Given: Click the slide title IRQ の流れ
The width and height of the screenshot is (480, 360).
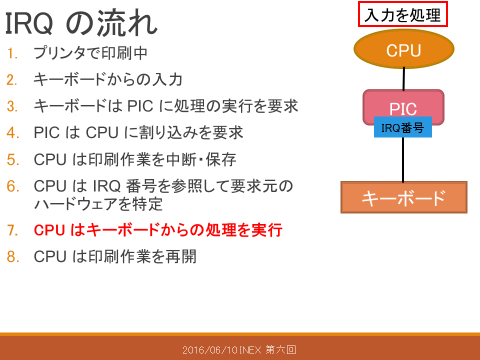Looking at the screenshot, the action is coord(81,23).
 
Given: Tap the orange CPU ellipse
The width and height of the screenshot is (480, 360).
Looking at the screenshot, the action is coord(404,49).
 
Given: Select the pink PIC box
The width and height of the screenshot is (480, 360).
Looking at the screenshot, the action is coord(403,103).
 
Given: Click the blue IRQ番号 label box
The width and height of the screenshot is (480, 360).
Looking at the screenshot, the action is coord(403,127).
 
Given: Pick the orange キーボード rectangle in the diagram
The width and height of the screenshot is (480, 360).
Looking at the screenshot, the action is coord(404,197).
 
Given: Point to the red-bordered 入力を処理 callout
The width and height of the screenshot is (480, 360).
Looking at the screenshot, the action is coord(403,14).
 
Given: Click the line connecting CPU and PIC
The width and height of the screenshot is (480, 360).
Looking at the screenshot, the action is coord(404,79).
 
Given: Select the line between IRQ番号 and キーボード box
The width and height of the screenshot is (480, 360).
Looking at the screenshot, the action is coord(403,159).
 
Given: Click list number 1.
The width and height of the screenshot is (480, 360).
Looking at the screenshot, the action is coord(12,53).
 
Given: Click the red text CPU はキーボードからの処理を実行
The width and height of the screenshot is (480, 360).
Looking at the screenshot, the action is coord(158,230).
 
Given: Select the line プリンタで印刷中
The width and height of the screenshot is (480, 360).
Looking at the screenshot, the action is coord(90,53).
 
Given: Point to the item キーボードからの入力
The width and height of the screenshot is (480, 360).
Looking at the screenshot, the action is coord(108,79).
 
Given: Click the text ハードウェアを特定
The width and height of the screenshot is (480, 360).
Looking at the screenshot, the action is coord(98,204).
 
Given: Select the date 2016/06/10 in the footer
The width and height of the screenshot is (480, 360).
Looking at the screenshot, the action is coord(210,349).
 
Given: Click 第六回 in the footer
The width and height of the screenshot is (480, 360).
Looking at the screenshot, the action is coord(280,349).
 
